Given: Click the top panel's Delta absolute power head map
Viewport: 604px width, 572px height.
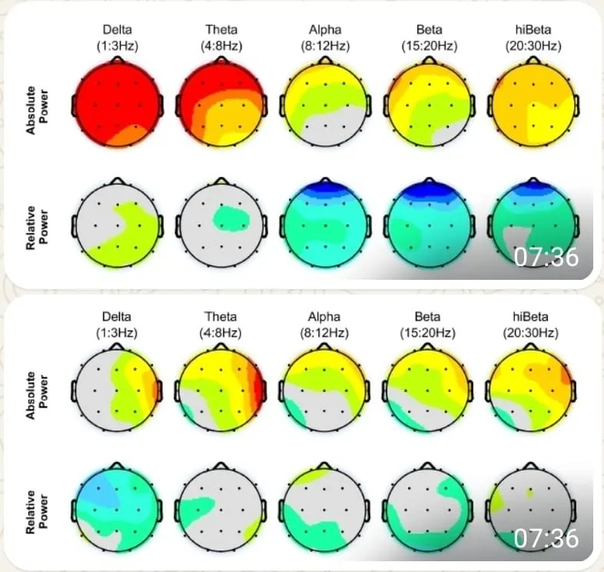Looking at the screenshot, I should pyautogui.click(x=117, y=104).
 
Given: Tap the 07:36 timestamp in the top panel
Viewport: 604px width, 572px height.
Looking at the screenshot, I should pyautogui.click(x=546, y=257).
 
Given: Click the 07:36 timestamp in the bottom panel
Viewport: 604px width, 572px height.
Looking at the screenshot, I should pyautogui.click(x=546, y=539).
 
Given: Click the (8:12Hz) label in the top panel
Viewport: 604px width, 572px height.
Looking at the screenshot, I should pyautogui.click(x=325, y=45).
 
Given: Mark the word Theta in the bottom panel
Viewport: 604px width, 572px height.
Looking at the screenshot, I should pyautogui.click(x=221, y=315).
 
